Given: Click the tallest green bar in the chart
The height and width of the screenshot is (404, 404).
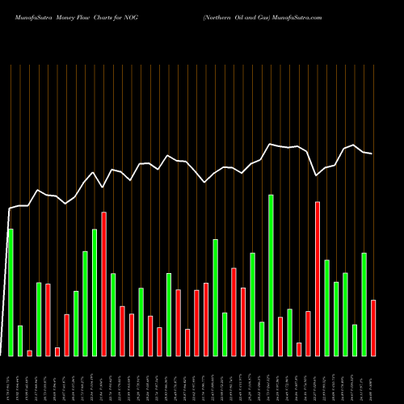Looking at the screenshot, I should click(x=271, y=275).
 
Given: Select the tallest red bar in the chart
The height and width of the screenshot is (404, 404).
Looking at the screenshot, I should click(x=318, y=279).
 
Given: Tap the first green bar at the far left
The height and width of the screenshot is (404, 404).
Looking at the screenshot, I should click(x=11, y=292).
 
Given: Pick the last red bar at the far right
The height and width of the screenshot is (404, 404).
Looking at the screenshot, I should click(x=373, y=327).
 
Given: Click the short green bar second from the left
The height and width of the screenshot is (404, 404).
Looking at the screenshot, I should click(x=20, y=340).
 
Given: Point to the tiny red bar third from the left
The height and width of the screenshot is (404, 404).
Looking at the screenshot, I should click(x=30, y=352).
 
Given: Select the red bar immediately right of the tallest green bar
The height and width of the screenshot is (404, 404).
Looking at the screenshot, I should click(x=280, y=336).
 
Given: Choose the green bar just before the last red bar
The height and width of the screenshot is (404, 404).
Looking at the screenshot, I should click(x=364, y=304).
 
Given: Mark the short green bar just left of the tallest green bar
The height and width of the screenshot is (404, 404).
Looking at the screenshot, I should click(x=262, y=339).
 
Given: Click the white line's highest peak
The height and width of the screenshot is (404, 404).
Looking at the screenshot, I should click(x=354, y=145).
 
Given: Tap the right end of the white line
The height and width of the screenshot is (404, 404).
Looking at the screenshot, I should click(x=372, y=154).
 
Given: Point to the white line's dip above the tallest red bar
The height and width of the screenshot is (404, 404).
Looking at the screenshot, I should click(x=317, y=175).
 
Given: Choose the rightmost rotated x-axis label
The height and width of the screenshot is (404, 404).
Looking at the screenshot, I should click(x=373, y=380).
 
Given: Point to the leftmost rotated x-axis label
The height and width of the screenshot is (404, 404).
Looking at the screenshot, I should click(x=11, y=380).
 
